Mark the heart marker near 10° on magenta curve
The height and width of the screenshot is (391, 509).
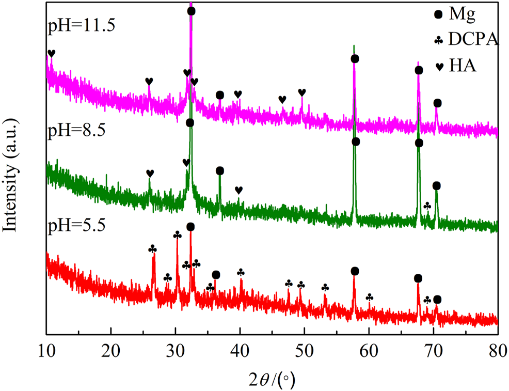click(51, 54)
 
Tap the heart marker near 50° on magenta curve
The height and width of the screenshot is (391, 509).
click(302, 92)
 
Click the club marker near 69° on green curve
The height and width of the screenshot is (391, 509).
click(427, 206)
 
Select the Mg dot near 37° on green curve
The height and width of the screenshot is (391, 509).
click(220, 171)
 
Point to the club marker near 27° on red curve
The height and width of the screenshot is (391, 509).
click(152, 249)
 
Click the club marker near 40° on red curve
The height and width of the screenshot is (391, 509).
click(241, 273)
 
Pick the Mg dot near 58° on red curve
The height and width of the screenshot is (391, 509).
click(355, 271)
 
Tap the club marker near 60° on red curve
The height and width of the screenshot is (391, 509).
click(369, 298)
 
